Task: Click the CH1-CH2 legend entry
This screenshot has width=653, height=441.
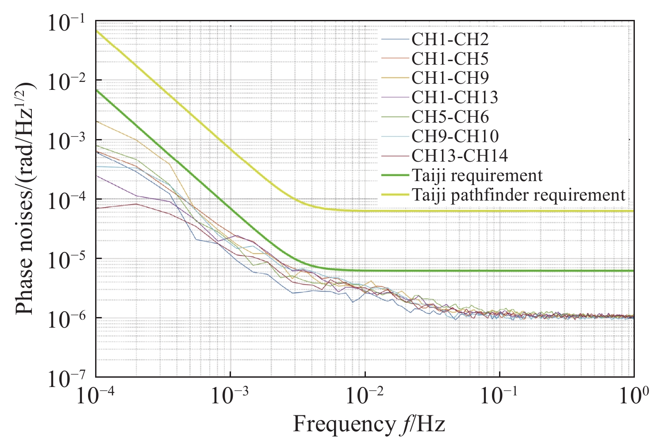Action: (x=450, y=40)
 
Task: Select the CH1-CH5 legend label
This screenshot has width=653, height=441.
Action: (x=450, y=59)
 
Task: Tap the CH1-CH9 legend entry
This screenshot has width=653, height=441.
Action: (x=450, y=78)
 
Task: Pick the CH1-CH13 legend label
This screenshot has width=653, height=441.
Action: (x=454, y=97)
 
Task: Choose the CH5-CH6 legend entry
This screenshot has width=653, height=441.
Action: (x=450, y=117)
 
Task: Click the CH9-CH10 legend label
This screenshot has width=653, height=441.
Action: (x=455, y=136)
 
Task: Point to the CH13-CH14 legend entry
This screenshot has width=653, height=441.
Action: (x=459, y=156)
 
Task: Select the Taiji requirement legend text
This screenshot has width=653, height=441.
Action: (x=476, y=176)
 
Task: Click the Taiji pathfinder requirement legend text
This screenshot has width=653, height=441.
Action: (x=518, y=195)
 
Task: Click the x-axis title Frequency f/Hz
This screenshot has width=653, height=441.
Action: (x=369, y=425)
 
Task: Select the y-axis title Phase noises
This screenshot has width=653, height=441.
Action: (x=26, y=198)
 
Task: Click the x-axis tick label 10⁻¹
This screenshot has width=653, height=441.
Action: (x=499, y=397)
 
